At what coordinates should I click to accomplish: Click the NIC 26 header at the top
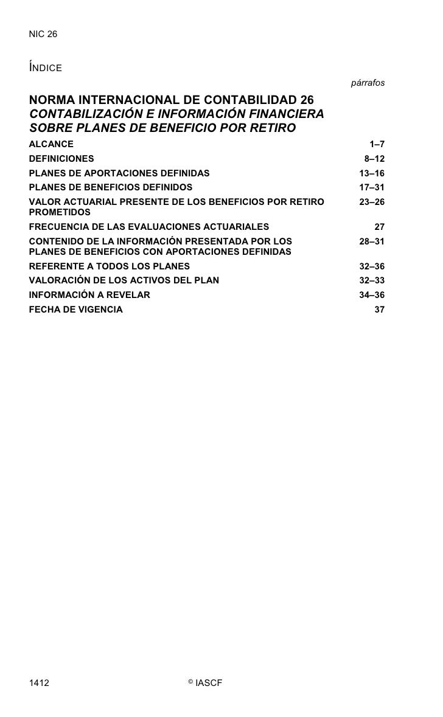pyautogui.click(x=43, y=35)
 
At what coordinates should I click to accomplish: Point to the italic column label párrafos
pyautogui.click(x=368, y=82)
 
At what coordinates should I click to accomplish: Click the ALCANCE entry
pyautogui.click(x=51, y=144)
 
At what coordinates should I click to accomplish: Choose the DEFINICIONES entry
pyautogui.click(x=61, y=158)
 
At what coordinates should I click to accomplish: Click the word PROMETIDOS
pyautogui.click(x=60, y=212)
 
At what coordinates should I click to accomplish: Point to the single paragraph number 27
pyautogui.click(x=379, y=227)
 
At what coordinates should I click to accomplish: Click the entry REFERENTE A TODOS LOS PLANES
pyautogui.click(x=110, y=266)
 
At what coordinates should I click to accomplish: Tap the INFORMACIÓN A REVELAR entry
pyautogui.click(x=89, y=295)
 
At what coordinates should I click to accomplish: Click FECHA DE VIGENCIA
pyautogui.click(x=75, y=310)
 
